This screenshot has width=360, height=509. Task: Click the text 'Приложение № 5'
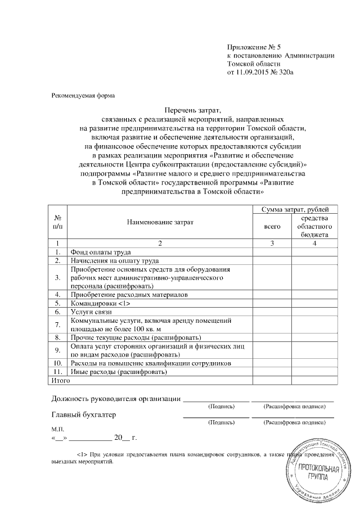[x=250, y=47]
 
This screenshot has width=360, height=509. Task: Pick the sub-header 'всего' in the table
[x=272, y=226]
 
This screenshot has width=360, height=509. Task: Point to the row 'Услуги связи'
[x=88, y=312]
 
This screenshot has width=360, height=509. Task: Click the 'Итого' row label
[x=60, y=381]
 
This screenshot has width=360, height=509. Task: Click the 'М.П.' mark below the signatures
[x=58, y=429]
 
